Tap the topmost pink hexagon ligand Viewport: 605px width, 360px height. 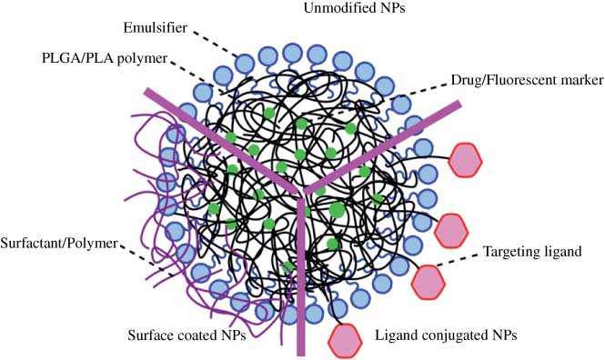point(468,161)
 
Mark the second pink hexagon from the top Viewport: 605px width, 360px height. point(450,230)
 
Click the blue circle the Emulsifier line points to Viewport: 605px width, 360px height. point(245,63)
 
